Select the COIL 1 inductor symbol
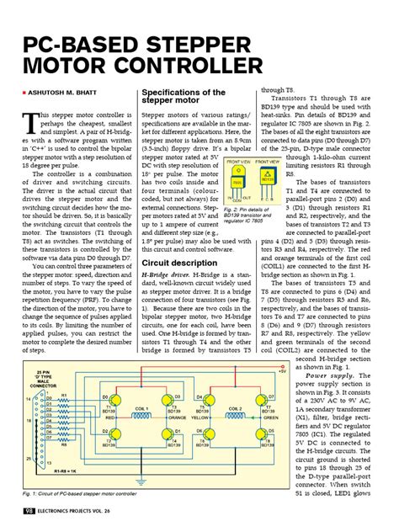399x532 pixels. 141,414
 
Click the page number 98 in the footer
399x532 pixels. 29,511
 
